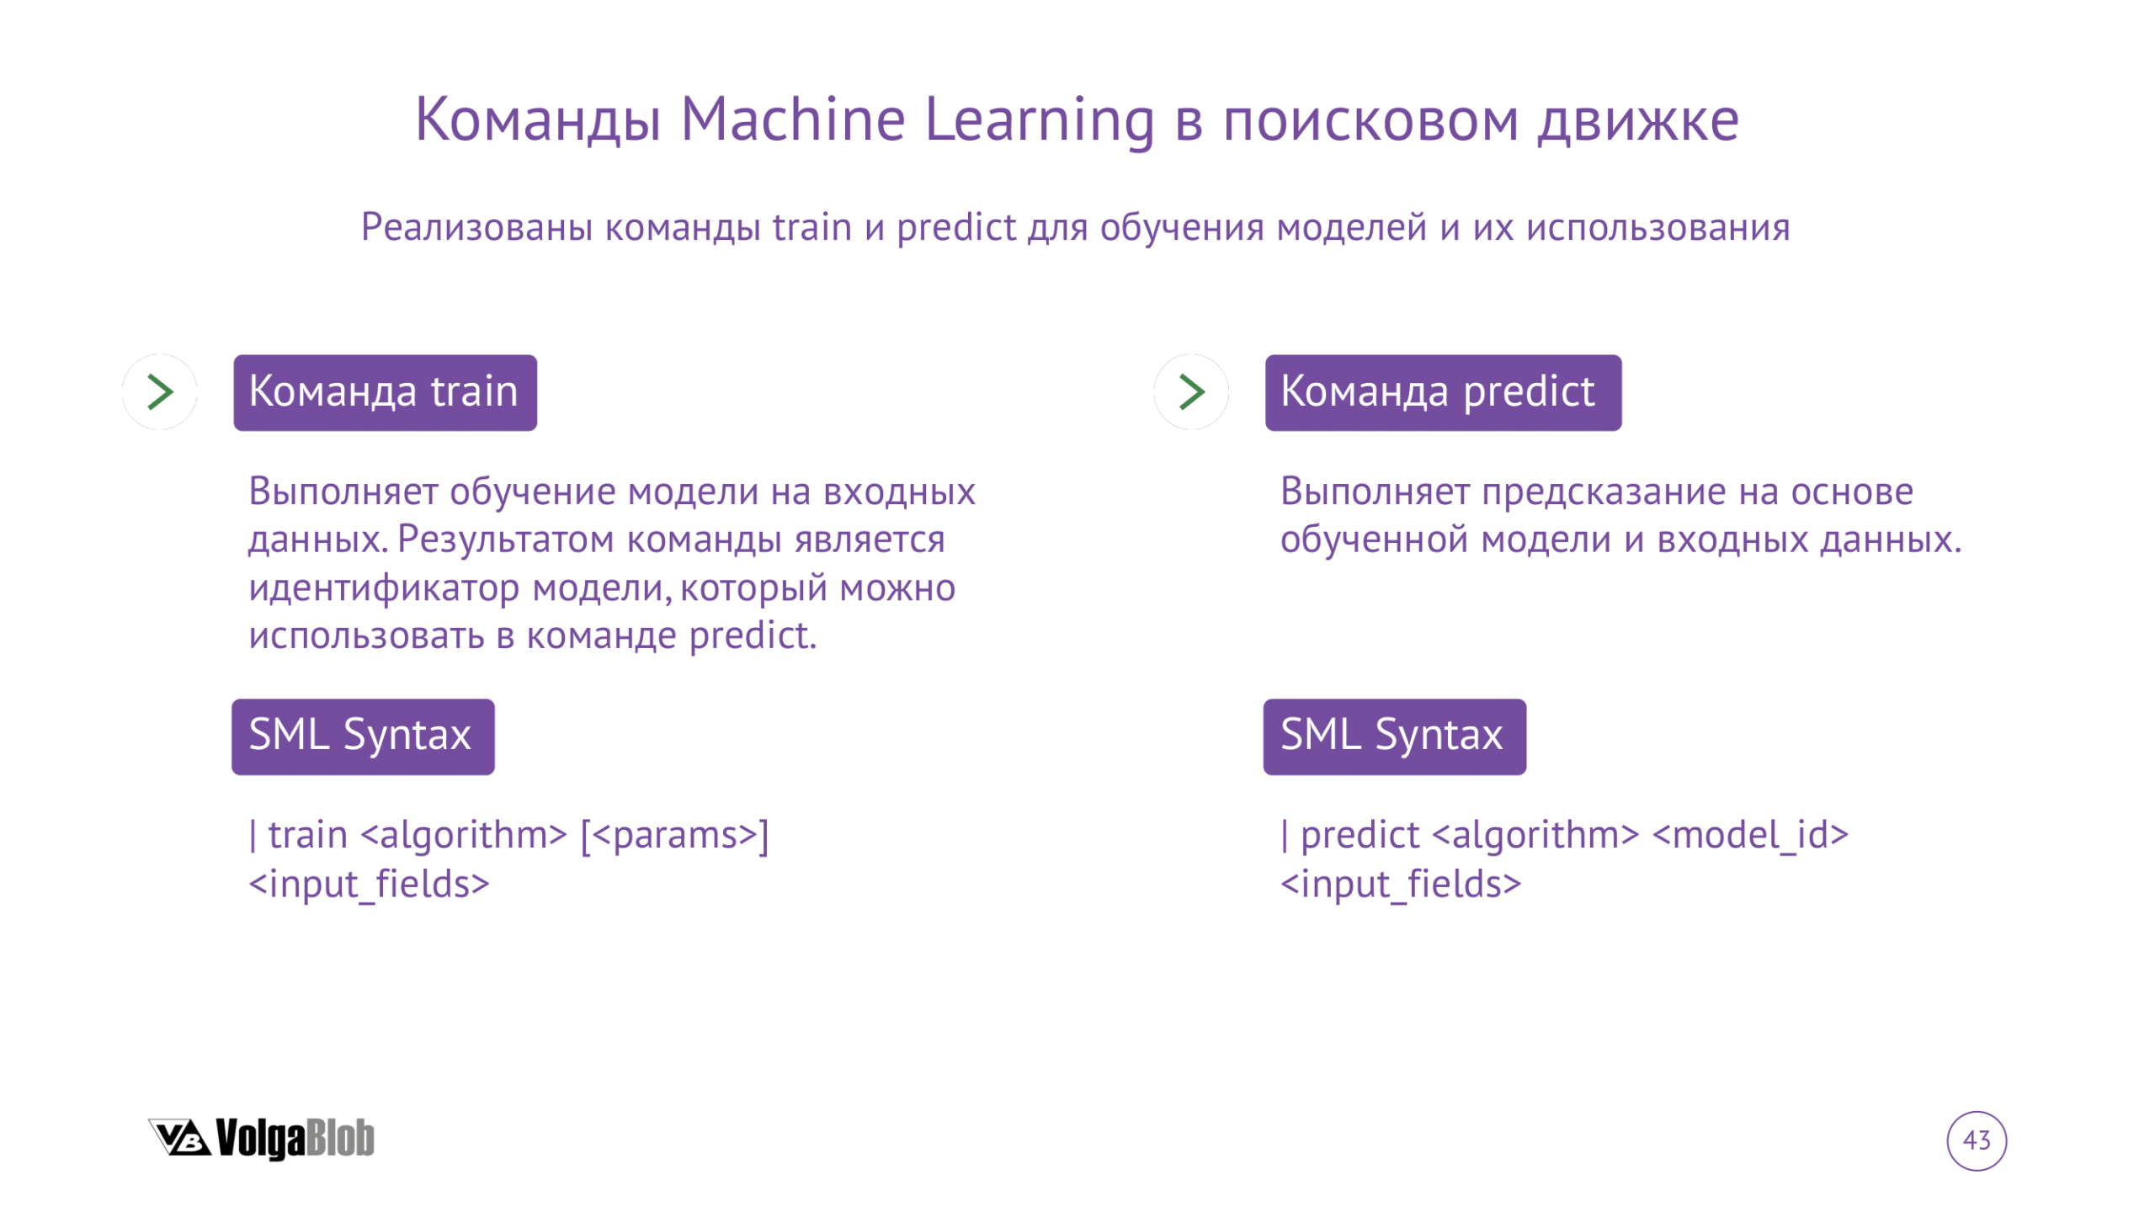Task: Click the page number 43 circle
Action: click(1976, 1140)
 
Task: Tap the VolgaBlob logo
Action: click(261, 1138)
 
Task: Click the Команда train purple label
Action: click(385, 392)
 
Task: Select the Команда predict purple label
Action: click(1443, 392)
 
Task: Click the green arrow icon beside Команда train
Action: click(160, 391)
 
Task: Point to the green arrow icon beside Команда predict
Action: click(1191, 391)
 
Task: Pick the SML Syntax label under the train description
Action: click(363, 736)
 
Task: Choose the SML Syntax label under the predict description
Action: click(1394, 736)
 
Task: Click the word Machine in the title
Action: click(792, 119)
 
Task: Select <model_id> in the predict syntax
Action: click(1750, 835)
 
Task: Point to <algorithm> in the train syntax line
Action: click(464, 835)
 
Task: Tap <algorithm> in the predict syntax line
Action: click(1535, 835)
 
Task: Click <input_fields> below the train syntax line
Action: click(369, 884)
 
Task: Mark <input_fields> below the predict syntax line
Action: click(1400, 884)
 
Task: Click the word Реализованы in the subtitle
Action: click(476, 226)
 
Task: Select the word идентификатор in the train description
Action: click(384, 587)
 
